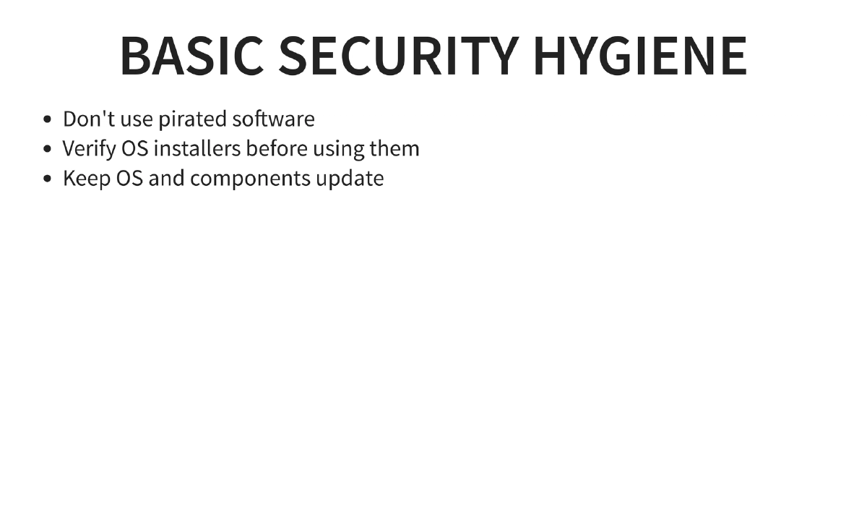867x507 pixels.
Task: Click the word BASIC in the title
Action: (192, 55)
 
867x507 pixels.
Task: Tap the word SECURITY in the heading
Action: (399, 55)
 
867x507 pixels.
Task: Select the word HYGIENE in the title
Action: (640, 55)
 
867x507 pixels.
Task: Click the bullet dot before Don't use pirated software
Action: (48, 119)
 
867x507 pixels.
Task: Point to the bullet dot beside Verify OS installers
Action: (48, 149)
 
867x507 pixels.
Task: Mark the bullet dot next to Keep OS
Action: (48, 179)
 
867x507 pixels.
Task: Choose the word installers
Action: (197, 148)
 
